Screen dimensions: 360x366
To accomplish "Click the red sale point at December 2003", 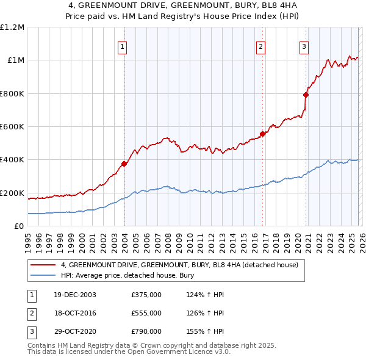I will click(124, 164).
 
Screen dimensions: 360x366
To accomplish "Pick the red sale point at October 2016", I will click(262, 134).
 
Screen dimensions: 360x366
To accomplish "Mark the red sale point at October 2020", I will click(306, 95).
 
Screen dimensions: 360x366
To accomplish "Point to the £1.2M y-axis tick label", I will click(12, 27).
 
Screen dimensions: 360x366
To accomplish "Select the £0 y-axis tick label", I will click(19, 226).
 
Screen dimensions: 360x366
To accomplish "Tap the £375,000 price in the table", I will click(146, 295).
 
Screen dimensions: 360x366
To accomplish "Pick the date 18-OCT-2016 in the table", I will click(75, 313).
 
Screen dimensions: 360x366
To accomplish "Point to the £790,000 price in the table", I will click(146, 331).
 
